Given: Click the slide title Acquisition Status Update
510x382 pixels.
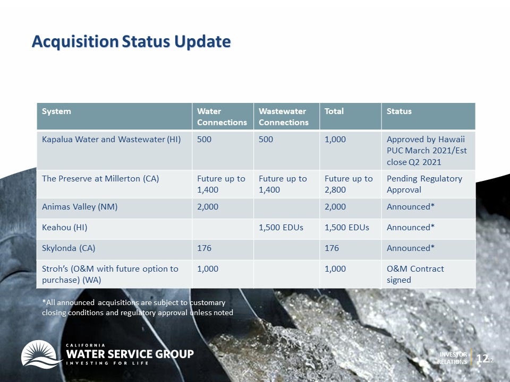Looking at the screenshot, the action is coord(131,41).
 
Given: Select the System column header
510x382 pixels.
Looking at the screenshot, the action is coord(56,111).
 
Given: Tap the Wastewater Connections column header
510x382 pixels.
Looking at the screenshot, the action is coord(284,117).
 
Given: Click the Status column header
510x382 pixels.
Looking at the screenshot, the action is coord(399,111).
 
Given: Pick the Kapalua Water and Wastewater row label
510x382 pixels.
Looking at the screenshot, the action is coord(111,140).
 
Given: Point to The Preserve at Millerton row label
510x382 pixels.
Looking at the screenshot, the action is coord(100,179).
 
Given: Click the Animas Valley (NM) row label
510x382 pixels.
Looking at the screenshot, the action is coord(80,207).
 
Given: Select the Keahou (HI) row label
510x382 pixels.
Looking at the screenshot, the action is coord(65,228).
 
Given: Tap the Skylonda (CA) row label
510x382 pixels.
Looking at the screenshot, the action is coord(69,248).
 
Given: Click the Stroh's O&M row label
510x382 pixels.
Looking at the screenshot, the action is coord(110,274).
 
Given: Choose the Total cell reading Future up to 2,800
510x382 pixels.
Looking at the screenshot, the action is coord(348,184).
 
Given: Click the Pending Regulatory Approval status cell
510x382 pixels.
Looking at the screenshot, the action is coord(424,184).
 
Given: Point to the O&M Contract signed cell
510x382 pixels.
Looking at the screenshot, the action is coord(415,274).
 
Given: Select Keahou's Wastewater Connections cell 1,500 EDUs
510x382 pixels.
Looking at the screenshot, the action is coord(281,228).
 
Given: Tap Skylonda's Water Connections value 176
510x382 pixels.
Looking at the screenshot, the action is coord(204,248).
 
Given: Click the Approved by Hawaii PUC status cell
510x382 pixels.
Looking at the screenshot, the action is coord(427,151).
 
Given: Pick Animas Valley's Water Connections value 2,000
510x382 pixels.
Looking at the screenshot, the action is coord(208,207).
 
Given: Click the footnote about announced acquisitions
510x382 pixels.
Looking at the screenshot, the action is coord(138,308).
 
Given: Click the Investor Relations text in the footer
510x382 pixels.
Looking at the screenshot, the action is coord(452,358).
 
